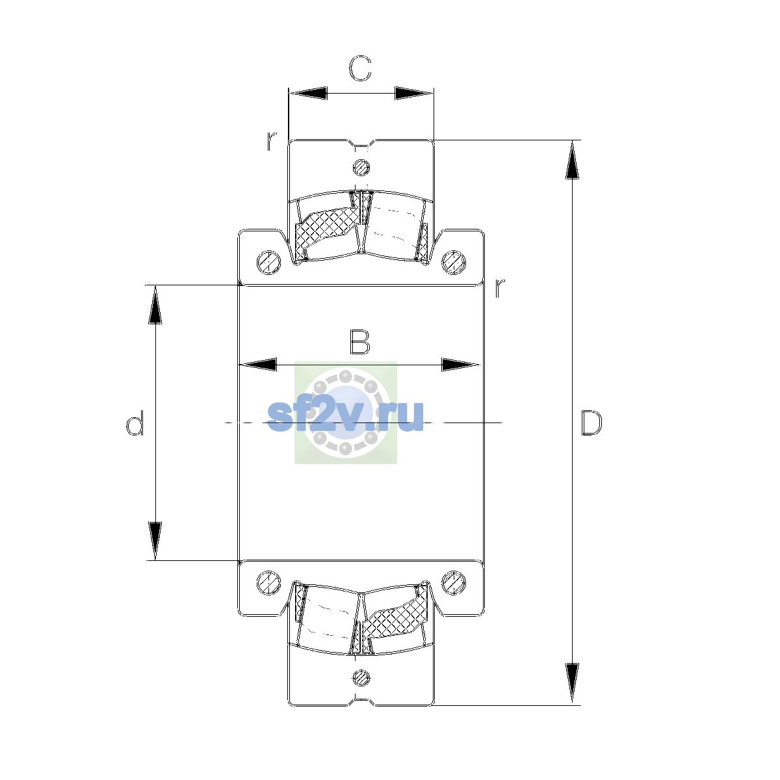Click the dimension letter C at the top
click(360, 68)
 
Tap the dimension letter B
click(360, 343)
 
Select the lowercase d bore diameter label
click(135, 423)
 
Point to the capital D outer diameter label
click(591, 423)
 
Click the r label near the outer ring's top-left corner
click(271, 141)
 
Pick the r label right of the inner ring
click(500, 288)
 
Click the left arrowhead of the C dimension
click(308, 93)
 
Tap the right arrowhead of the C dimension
click(413, 93)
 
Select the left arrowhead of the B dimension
click(258, 365)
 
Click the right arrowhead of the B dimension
click(460, 365)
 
